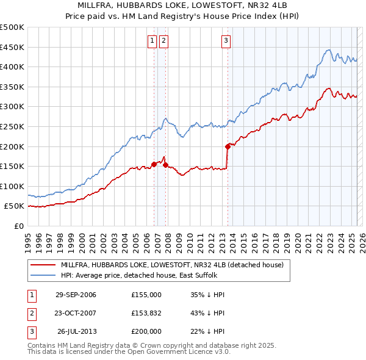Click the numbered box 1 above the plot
[x=151, y=41]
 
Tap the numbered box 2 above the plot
[x=164, y=41]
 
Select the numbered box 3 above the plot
[x=226, y=41]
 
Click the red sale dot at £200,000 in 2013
[x=228, y=146]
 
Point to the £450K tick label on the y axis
[x=13, y=47]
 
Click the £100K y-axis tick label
[x=13, y=186]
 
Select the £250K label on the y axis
[x=13, y=126]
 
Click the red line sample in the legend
[x=42, y=265]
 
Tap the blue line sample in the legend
[x=42, y=275]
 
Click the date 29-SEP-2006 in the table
[x=76, y=295]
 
